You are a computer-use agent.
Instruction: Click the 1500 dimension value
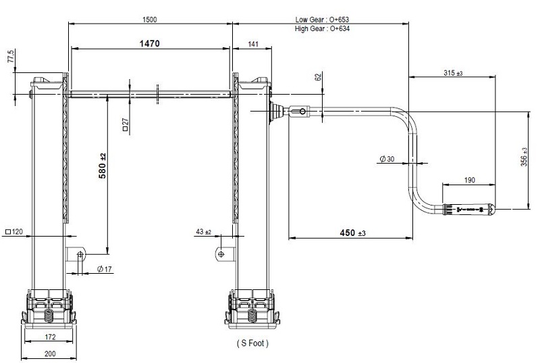[x=149, y=20]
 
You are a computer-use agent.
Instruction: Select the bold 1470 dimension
[x=149, y=43]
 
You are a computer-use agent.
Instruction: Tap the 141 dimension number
[x=252, y=44]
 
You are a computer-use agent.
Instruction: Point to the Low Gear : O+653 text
[x=322, y=20]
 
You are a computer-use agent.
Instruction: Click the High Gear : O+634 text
[x=322, y=28]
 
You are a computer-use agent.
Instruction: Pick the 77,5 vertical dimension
[x=11, y=56]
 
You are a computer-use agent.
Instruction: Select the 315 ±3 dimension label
[x=453, y=73]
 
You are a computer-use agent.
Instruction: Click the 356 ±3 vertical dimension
[x=524, y=157]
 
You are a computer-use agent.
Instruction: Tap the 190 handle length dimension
[x=469, y=180]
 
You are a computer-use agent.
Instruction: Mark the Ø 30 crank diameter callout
[x=387, y=159]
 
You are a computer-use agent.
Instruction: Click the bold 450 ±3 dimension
[x=352, y=233]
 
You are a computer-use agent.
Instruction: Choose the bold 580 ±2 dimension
[x=103, y=166]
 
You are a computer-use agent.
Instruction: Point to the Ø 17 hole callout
[x=105, y=269]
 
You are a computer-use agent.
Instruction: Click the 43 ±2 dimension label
[x=204, y=232]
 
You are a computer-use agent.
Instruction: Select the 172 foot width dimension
[x=50, y=337]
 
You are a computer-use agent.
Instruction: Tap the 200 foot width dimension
[x=50, y=354]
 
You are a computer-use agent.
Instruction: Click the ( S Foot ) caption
[x=252, y=343]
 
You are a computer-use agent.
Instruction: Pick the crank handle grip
[x=469, y=210]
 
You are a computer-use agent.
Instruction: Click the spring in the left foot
[x=49, y=314]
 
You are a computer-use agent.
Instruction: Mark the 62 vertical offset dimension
[x=318, y=76]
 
